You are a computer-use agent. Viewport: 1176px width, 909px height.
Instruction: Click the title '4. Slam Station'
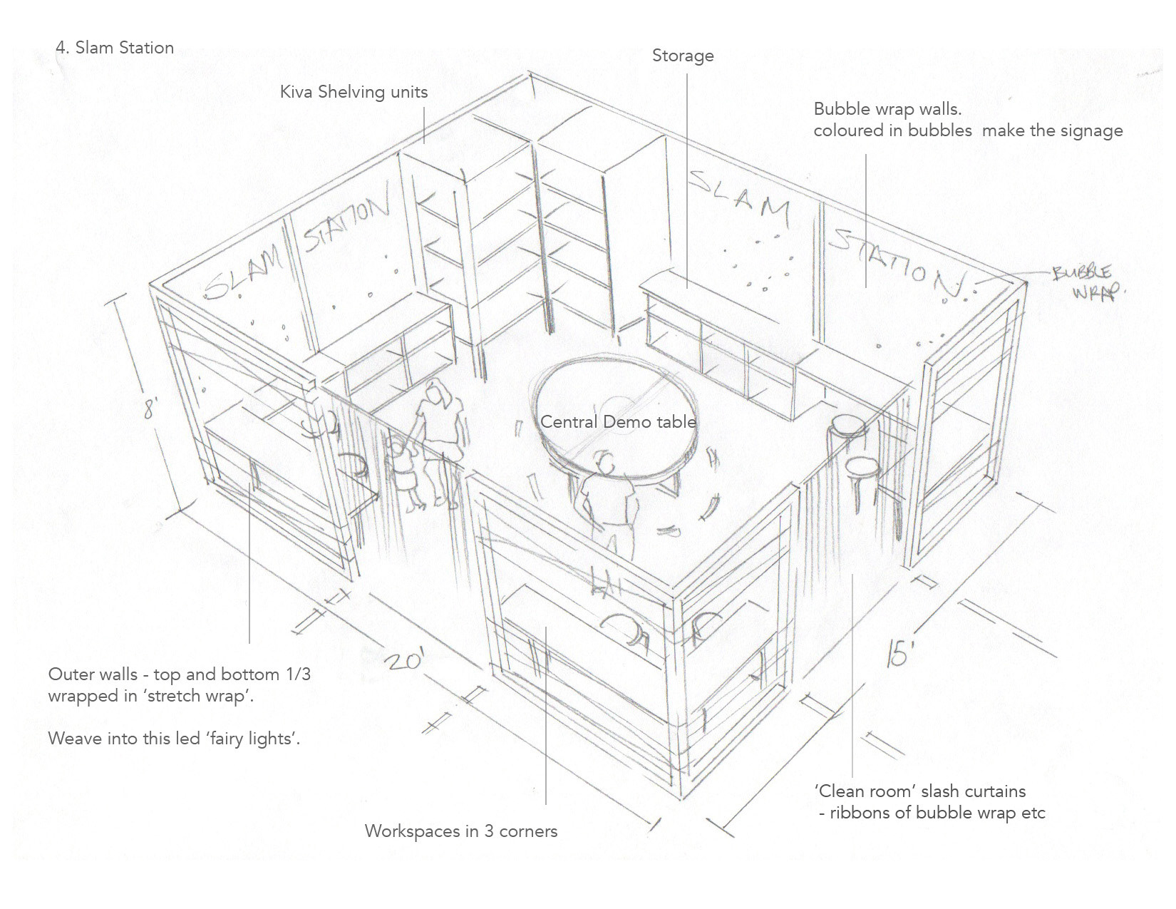(x=115, y=48)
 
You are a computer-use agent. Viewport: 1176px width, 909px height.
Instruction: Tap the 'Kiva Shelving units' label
(x=354, y=92)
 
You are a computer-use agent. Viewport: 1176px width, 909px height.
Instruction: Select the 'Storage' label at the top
(x=682, y=56)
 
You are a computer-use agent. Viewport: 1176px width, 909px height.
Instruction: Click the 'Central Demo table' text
(x=617, y=421)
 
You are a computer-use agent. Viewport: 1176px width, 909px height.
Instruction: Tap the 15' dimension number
(x=897, y=651)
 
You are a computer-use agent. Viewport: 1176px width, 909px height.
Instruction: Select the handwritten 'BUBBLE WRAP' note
(x=1085, y=282)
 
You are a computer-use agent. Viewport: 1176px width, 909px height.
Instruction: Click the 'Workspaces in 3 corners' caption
(x=460, y=831)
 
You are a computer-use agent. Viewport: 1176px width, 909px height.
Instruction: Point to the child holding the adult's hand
(x=403, y=474)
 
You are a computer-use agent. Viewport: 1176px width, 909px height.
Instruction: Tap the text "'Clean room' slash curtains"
(x=920, y=791)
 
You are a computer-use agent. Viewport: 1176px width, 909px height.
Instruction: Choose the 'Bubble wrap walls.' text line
(x=887, y=110)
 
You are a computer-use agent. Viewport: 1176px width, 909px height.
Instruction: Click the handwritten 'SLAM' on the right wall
(x=741, y=196)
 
